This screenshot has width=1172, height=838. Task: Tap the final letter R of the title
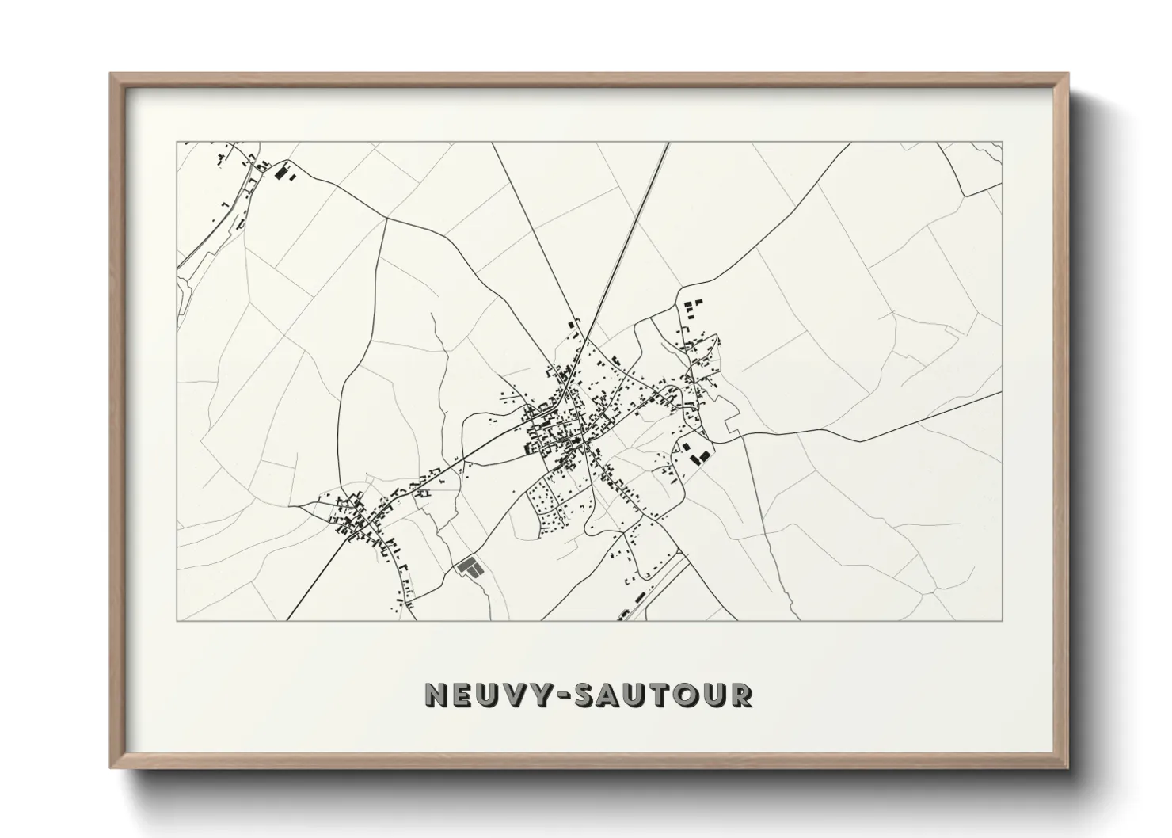[x=740, y=695]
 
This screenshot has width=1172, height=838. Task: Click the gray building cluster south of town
[x=470, y=567]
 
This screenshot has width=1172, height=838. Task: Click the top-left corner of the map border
[x=177, y=143]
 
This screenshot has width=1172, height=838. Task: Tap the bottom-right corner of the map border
[x=1003, y=620]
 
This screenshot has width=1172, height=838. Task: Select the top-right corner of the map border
[x=1003, y=143]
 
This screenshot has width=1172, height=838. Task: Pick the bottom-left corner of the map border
[x=177, y=620]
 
